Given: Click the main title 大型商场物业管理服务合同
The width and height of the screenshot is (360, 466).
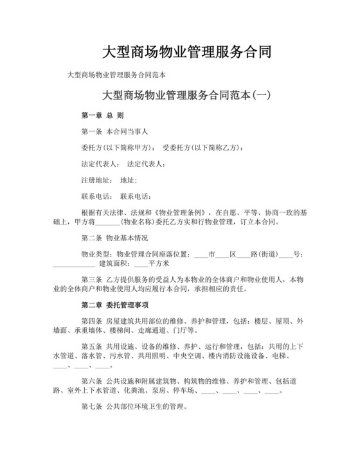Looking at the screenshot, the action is (179, 51).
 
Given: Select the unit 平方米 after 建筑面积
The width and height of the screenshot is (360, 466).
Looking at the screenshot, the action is (159, 264).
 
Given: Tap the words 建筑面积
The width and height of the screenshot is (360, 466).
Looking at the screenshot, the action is (113, 264).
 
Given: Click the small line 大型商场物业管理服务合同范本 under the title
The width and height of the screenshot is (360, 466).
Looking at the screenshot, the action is (117, 75).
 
